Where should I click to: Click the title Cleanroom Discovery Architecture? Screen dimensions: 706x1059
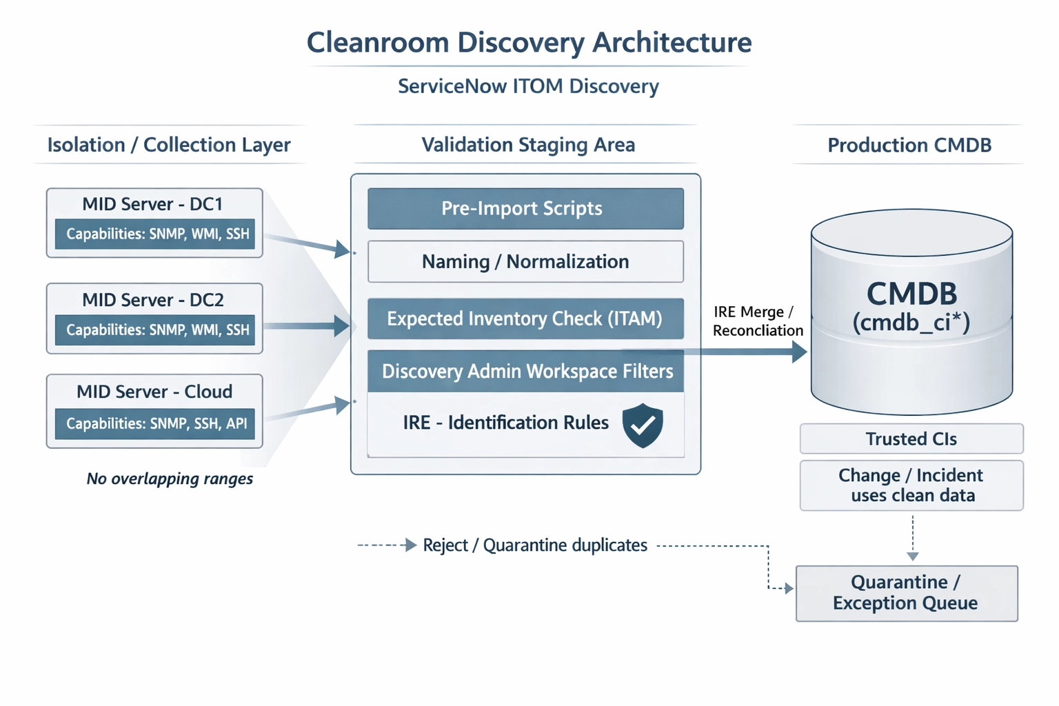[529, 43]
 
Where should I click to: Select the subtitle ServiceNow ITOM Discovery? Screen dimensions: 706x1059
[528, 86]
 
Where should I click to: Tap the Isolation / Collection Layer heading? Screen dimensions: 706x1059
[169, 145]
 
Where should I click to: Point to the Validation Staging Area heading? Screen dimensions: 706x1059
[528, 145]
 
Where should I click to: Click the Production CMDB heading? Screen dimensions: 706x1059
[909, 145]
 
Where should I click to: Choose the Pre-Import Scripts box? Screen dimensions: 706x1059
[525, 208]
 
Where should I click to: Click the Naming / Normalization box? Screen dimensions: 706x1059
[525, 262]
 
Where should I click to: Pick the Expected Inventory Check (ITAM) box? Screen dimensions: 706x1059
[525, 319]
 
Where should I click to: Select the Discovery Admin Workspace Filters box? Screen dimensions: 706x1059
[525, 372]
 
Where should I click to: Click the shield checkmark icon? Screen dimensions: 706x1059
[643, 425]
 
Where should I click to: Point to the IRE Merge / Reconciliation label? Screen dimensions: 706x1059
[757, 321]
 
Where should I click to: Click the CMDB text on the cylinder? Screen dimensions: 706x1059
[911, 294]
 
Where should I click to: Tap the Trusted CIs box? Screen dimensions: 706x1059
[911, 439]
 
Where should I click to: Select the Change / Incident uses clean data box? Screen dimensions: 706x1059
[911, 485]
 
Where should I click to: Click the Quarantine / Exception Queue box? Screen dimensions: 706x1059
[907, 593]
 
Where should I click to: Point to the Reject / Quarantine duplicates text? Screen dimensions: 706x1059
[535, 545]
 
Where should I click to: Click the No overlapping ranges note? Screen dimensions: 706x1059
[170, 478]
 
